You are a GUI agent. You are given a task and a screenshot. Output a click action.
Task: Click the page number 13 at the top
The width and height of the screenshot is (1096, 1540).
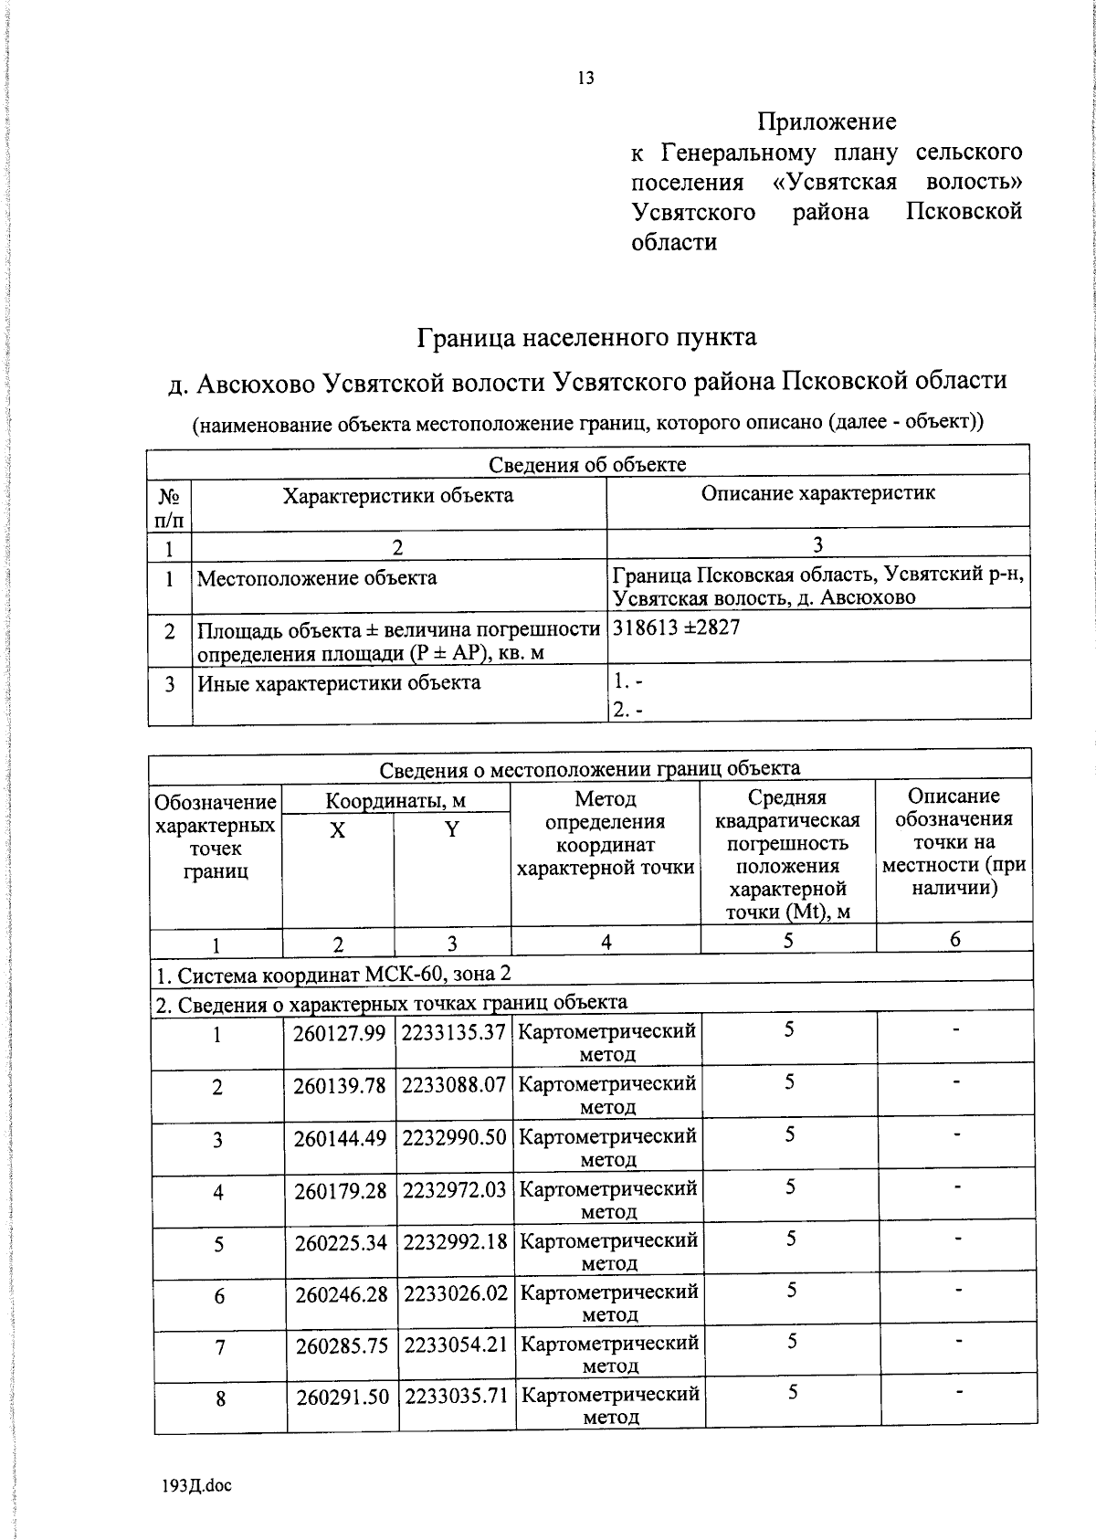(585, 79)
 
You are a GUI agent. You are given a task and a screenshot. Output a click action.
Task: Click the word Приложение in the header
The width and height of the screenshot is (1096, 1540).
(827, 121)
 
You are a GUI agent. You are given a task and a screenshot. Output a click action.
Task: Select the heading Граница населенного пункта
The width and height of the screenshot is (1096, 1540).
(586, 338)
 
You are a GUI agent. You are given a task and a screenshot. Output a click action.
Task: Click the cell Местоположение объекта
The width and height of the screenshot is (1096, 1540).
(317, 578)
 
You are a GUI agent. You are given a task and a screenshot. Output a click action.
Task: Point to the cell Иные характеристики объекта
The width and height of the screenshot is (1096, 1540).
(339, 682)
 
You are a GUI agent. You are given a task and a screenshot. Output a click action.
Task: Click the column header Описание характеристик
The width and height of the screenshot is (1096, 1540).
(817, 493)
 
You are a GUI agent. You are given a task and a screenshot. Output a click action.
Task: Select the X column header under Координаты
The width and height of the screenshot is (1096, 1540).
(338, 830)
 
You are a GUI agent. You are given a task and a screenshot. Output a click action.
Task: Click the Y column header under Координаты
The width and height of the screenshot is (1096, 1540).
(451, 830)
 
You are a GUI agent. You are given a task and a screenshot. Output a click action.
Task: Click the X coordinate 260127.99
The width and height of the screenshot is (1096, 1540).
(340, 1033)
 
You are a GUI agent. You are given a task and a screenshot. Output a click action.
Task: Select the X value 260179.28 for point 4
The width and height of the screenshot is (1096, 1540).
(340, 1191)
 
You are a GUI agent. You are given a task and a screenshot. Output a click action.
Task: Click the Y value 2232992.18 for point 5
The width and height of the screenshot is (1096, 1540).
(454, 1243)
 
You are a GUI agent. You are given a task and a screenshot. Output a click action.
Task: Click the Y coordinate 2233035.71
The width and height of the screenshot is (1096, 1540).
(456, 1397)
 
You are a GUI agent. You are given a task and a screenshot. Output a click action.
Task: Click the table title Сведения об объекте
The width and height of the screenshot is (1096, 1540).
(587, 464)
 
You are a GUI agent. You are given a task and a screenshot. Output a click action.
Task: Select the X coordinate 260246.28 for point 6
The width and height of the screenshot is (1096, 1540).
(340, 1294)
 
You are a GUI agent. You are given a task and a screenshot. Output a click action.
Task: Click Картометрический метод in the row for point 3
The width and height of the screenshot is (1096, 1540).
(608, 1146)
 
